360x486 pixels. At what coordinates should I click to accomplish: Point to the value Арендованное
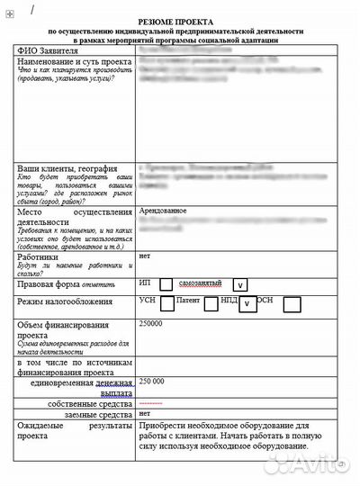[163, 211]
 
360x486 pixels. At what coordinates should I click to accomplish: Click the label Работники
[39, 257]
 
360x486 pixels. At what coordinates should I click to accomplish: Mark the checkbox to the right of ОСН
[292, 304]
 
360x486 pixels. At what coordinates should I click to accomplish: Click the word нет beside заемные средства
[144, 413]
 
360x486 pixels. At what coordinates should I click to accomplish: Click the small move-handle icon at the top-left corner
[9, 6]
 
